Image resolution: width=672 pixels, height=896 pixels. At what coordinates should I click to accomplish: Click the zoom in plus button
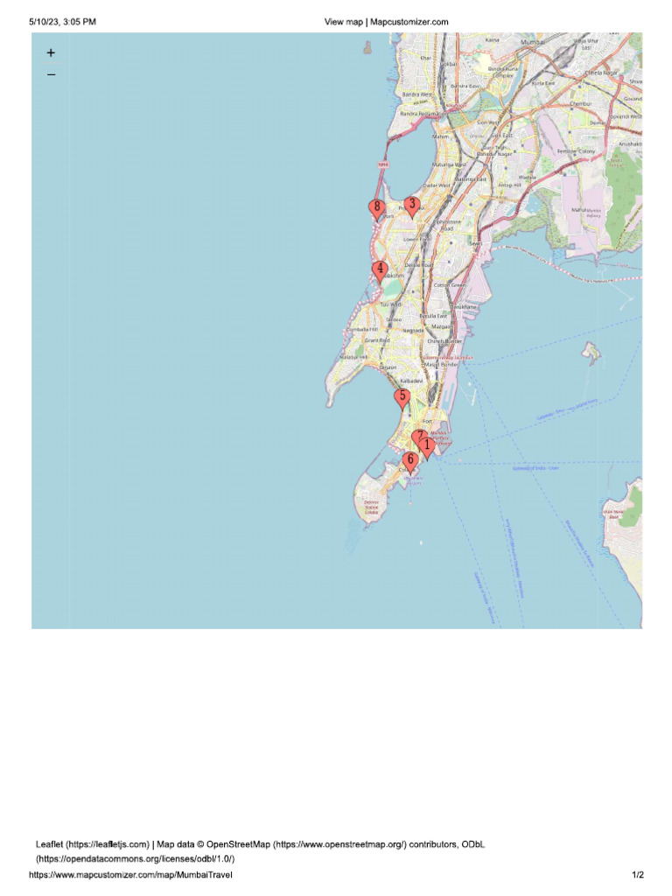click(51, 53)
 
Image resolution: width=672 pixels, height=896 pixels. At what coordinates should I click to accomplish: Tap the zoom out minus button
click(51, 75)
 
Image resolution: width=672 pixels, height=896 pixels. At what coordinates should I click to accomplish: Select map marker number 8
click(377, 209)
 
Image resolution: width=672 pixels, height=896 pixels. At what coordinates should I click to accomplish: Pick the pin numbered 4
click(379, 270)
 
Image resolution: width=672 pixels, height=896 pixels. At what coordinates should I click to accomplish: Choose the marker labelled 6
click(409, 460)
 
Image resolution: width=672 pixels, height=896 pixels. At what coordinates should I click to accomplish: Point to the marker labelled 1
click(427, 446)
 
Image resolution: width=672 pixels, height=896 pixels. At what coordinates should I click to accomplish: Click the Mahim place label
click(441, 136)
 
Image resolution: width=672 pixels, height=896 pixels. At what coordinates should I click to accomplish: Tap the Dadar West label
click(437, 185)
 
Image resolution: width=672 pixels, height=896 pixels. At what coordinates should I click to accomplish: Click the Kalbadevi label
click(410, 381)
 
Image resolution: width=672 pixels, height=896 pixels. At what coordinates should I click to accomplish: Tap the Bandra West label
click(416, 94)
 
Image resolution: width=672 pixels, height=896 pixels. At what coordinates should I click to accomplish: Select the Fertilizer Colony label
click(576, 151)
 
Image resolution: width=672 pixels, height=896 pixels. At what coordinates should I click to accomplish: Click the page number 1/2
click(638, 875)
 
